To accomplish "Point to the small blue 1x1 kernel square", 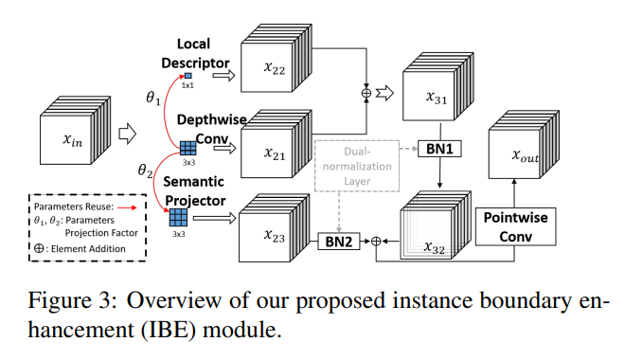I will pos(188,75).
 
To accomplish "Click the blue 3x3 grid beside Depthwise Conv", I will pos(188,147).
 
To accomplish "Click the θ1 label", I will pos(152,98).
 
